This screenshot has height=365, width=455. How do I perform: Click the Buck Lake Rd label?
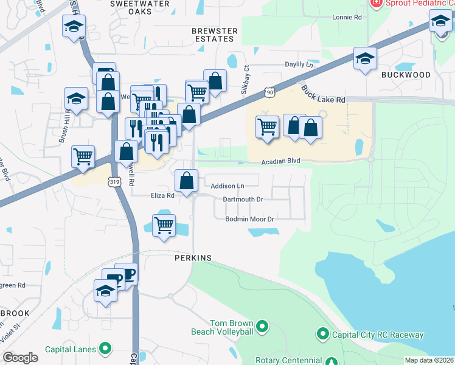tap(323, 94)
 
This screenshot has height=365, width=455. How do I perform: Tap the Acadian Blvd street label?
tap(282, 162)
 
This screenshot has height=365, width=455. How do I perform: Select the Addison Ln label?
tap(227, 186)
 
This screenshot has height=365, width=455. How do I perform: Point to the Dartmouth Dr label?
tap(243, 199)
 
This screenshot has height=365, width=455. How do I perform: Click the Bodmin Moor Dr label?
tap(251, 218)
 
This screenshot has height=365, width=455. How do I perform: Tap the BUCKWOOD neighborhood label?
tap(406, 75)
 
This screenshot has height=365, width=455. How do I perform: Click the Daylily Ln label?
tap(303, 64)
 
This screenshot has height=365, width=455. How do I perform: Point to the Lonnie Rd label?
tap(347, 17)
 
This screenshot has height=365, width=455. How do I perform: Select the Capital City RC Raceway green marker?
tap(322, 334)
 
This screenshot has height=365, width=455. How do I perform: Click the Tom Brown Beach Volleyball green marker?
tap(262, 327)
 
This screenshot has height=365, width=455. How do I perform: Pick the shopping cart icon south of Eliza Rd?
tap(164, 225)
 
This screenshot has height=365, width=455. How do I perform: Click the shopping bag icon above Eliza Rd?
tap(186, 180)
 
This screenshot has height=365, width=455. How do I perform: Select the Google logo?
tap(21, 358)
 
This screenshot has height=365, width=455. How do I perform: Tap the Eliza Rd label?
tap(162, 196)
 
